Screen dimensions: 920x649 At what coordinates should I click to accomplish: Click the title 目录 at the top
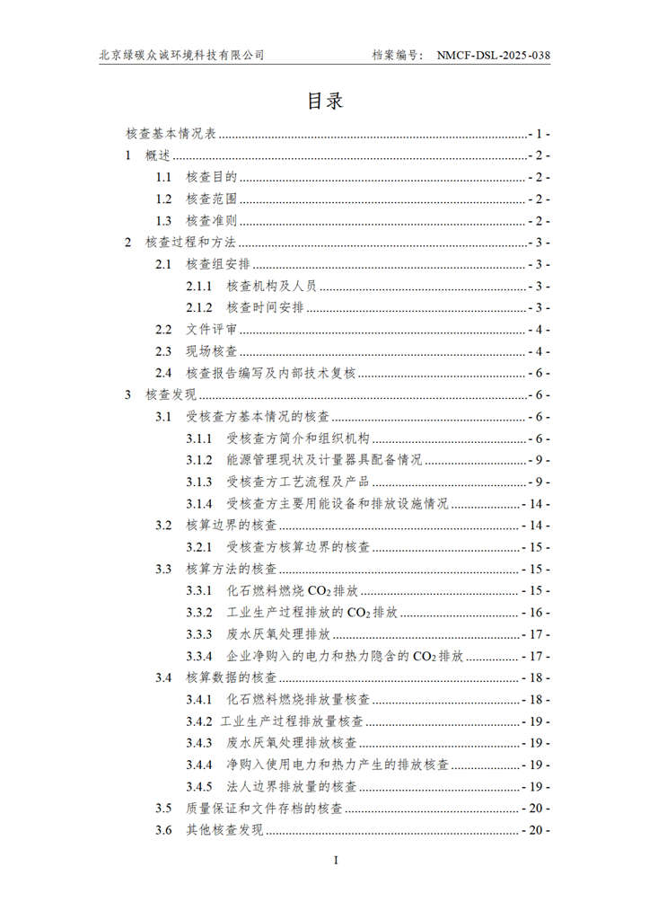[325, 101]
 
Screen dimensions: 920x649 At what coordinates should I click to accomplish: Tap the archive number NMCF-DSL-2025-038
[493, 56]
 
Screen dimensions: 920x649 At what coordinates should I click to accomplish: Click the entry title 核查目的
[211, 178]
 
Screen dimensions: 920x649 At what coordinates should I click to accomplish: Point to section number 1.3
[163, 221]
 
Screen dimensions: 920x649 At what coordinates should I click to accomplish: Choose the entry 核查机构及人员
[273, 287]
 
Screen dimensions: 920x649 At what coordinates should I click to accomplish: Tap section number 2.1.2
[199, 308]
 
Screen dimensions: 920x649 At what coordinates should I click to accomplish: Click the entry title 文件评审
[211, 330]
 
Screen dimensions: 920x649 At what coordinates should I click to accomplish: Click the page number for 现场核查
[539, 351]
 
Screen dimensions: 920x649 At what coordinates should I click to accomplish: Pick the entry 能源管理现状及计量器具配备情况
[323, 460]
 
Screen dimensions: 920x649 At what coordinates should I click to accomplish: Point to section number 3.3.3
[199, 634]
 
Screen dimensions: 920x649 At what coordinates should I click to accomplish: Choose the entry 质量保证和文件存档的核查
[263, 809]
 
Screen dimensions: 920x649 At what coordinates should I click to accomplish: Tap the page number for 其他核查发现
[536, 830]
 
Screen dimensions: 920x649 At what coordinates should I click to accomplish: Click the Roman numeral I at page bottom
[336, 861]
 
